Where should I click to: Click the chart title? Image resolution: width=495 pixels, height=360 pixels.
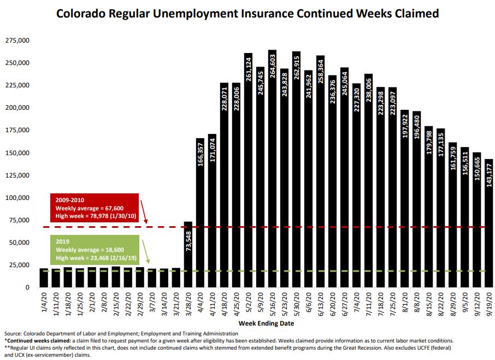coord(247,13)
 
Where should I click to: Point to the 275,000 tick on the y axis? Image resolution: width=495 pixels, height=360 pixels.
coord(17,40)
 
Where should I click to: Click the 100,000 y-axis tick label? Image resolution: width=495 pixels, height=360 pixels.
coord(17,197)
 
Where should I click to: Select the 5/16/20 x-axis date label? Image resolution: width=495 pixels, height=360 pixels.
coord(272,306)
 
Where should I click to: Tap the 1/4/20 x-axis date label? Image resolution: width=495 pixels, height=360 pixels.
coord(44,304)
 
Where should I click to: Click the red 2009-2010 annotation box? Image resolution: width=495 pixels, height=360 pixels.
coord(92,208)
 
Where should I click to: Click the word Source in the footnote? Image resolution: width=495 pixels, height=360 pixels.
coord(13,333)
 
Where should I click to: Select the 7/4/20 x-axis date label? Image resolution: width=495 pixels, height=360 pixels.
coord(356,304)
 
